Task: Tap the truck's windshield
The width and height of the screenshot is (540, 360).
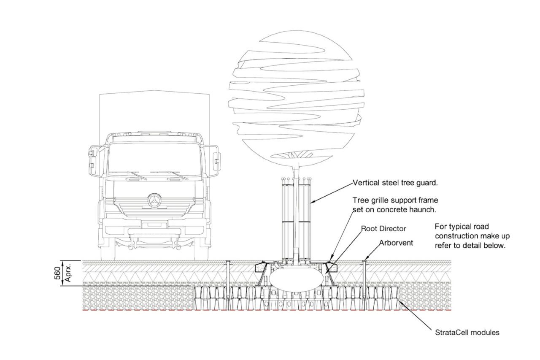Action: tap(154, 158)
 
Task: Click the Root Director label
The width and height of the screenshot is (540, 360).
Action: tap(383, 228)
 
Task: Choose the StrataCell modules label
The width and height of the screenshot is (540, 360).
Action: tap(467, 333)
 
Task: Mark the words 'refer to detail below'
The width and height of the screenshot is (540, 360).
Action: tap(470, 246)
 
